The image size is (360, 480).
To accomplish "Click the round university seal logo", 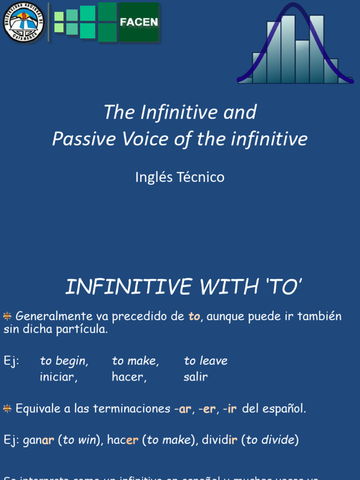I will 23,22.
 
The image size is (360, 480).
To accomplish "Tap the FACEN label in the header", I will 139,22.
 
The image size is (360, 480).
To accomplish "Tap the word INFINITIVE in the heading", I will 128,287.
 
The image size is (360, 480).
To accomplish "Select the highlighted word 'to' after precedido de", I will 194,316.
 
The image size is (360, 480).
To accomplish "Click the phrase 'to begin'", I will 64,361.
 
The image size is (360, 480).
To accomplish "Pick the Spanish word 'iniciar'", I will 59,377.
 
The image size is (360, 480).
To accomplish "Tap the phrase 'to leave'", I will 206,361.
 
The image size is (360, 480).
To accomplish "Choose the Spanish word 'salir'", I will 195,377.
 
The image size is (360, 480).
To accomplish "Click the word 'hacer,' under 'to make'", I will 129,377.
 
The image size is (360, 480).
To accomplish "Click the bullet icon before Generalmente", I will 7,316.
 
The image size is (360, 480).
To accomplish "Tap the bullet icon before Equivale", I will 7,409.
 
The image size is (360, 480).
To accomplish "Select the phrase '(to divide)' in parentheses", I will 270,441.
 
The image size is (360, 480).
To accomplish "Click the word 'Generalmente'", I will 54,316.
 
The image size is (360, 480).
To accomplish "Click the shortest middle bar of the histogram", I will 302,62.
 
